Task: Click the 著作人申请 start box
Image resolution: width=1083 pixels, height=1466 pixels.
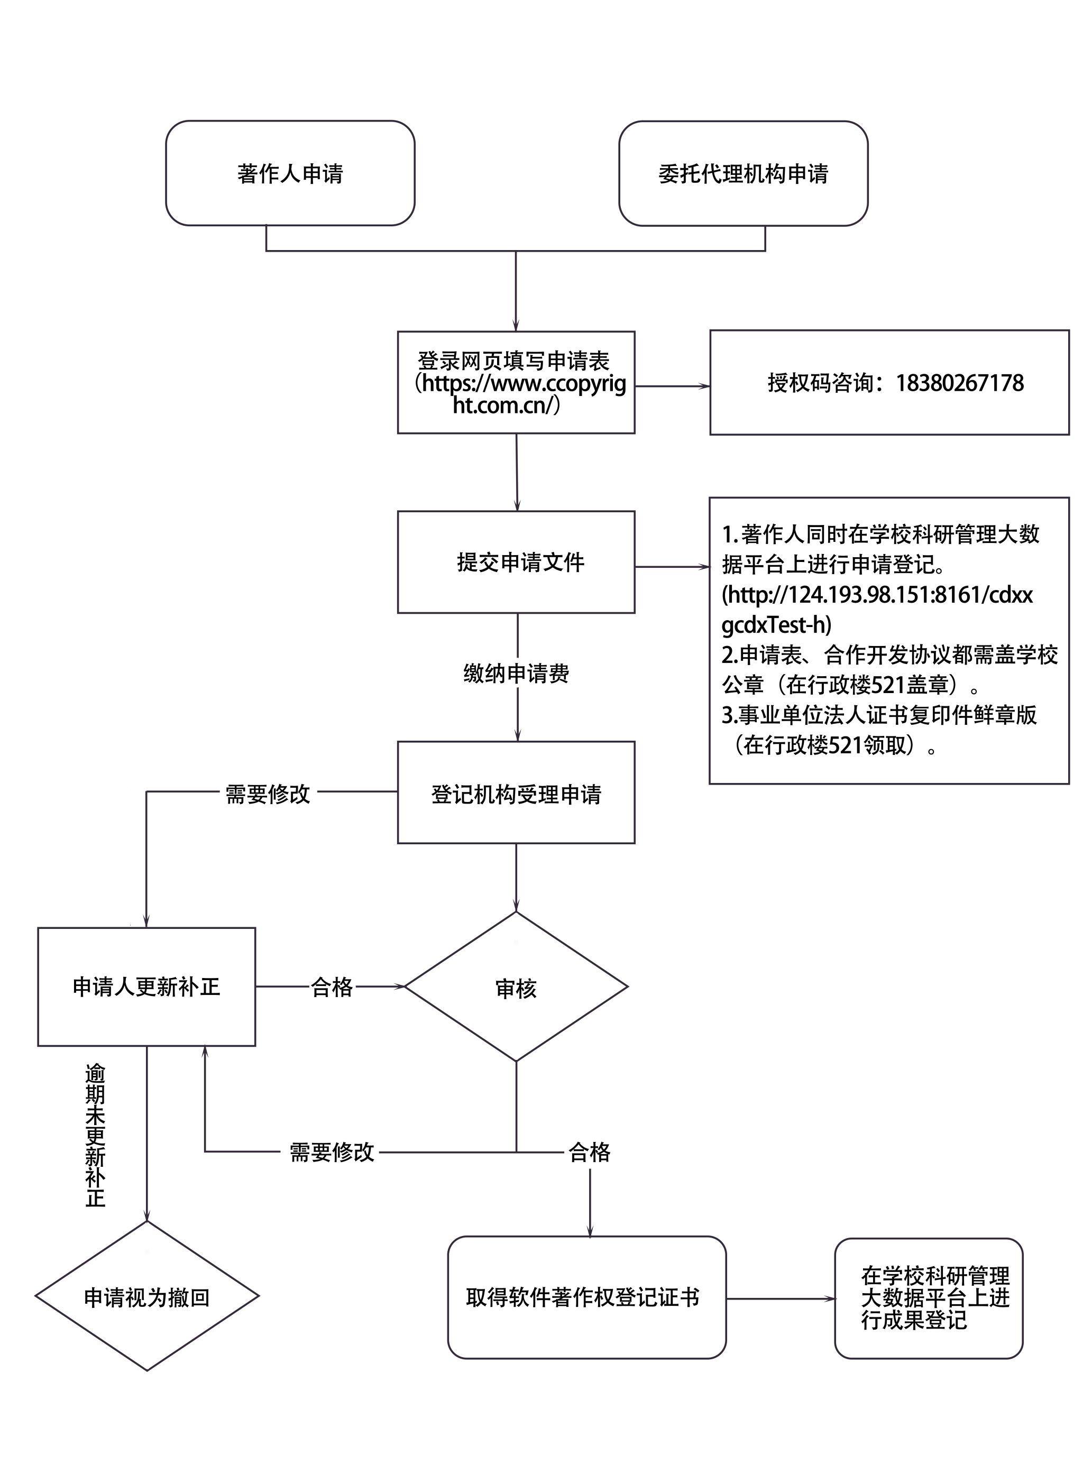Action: pos(290,173)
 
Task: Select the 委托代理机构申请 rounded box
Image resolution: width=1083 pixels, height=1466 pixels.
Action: pos(743,173)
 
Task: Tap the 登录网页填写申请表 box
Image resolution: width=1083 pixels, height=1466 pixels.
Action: pos(516,382)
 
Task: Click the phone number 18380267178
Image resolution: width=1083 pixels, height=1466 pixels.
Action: pos(959,383)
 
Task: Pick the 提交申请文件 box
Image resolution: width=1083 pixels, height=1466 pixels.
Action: pos(516,561)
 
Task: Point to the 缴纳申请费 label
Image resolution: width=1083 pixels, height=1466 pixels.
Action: pos(516,673)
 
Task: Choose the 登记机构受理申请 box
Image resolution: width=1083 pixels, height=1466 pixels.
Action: pos(516,794)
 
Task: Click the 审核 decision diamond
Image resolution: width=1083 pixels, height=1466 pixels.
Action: pos(516,988)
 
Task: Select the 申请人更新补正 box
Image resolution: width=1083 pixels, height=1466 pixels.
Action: pos(146,986)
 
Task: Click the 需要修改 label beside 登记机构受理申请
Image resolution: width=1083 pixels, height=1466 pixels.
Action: pos(268,794)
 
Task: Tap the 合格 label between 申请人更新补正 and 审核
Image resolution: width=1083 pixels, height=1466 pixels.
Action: pos(332,987)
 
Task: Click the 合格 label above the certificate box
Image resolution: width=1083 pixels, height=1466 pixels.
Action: pos(589,1152)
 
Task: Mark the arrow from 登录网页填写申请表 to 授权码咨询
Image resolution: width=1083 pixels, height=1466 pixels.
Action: pos(672,386)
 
